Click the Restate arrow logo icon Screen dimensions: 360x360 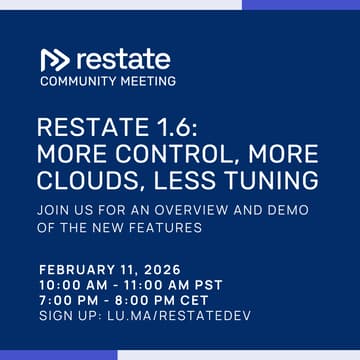tap(55, 59)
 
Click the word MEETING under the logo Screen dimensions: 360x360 tap(145, 82)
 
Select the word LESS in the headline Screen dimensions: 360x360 tap(188, 180)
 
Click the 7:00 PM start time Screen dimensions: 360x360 tap(69, 301)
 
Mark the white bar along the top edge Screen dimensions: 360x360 tap(120, 4)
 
